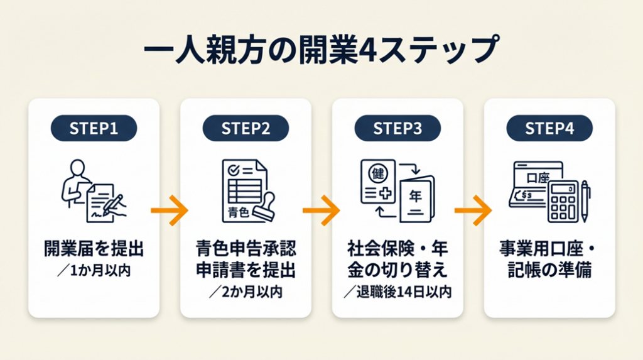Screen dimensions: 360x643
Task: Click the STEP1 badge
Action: pos(94,128)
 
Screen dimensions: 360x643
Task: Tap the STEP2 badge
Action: pos(246,128)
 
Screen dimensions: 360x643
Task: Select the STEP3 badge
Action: pos(397,128)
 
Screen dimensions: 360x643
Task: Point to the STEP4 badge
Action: pos(549,128)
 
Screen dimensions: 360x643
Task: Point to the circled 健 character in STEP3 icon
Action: pos(378,172)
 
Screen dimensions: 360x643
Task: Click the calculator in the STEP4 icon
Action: pos(563,201)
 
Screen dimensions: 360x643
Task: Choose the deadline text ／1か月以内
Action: pos(94,271)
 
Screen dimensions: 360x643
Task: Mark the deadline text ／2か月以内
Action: pos(246,292)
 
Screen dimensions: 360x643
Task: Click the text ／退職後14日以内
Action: pos(397,292)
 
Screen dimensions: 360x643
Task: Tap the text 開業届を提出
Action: pos(94,249)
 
